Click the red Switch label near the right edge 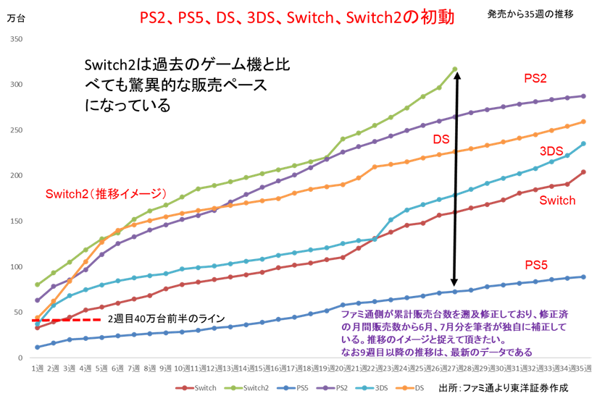(x=558, y=200)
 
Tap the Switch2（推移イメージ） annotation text (x=106, y=194)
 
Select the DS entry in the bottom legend (x=418, y=389)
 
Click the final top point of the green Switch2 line (x=455, y=69)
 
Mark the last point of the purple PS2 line (x=584, y=96)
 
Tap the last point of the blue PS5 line (x=584, y=277)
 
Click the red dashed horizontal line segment (x=67, y=319)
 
